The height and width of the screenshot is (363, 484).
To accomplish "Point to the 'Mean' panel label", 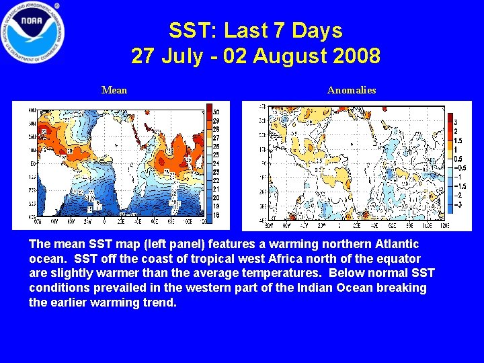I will point(114,90).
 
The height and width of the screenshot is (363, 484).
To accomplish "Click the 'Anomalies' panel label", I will point(352,90).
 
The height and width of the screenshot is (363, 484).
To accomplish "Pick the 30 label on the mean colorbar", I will point(216,112).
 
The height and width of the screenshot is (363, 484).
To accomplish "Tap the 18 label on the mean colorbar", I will point(216,214).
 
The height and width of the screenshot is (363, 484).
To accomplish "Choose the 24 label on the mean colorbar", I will point(216,163).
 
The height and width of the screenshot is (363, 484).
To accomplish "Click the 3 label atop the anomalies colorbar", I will point(456,122).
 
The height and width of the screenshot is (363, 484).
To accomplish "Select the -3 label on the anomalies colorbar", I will point(457,203).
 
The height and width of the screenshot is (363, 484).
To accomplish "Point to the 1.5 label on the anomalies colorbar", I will point(458,140).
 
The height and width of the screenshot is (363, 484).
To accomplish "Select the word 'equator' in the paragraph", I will point(394,259).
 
